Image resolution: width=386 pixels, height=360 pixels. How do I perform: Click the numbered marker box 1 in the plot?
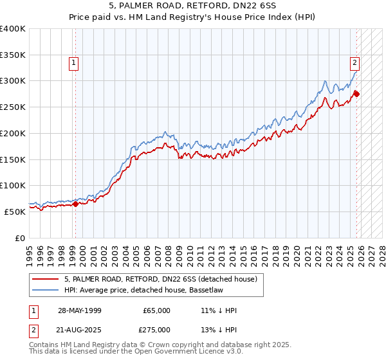coord(75,63)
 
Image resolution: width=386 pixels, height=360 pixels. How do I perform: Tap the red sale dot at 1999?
coord(75,204)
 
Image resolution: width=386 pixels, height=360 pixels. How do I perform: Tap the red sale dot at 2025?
coord(356,94)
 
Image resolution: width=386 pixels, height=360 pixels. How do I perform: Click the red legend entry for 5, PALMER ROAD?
coord(161,279)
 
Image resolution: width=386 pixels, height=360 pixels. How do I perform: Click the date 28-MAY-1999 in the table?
coord(78,310)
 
